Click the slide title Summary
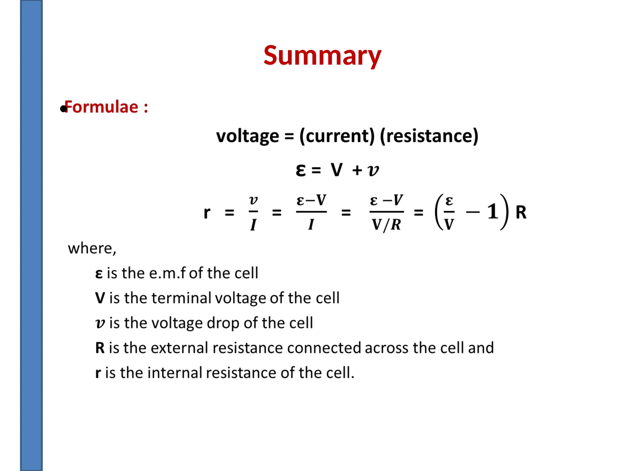click(x=322, y=56)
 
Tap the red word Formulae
click(x=101, y=107)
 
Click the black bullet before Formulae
click(x=63, y=109)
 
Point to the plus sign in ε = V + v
click(x=357, y=170)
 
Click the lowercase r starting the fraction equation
click(x=207, y=213)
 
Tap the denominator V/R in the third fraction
click(x=386, y=225)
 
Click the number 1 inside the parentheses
click(x=493, y=212)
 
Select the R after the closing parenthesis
click(x=521, y=212)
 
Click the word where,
click(x=92, y=248)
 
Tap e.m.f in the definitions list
click(x=167, y=273)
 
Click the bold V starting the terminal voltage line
click(x=100, y=298)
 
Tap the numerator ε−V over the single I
click(x=311, y=201)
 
